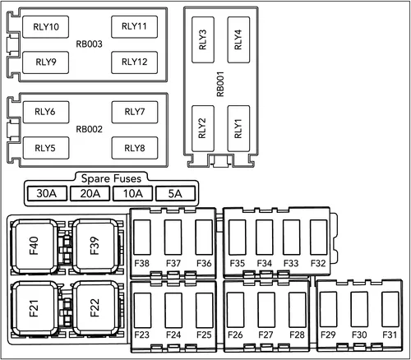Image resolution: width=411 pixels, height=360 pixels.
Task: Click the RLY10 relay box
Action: [45, 27]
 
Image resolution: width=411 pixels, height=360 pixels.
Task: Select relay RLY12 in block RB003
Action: [134, 62]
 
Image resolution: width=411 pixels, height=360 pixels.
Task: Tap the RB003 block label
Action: [89, 44]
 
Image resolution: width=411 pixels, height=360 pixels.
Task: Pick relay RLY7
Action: [135, 112]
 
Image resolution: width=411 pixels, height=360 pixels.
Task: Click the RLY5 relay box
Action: [46, 148]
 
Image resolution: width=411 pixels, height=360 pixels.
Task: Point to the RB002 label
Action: [89, 129]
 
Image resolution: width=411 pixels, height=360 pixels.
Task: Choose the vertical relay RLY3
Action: [203, 39]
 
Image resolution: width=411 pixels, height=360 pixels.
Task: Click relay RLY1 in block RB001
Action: [238, 128]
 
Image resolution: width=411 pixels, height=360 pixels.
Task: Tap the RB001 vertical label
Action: [220, 84]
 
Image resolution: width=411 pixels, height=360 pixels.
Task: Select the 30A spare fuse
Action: [47, 193]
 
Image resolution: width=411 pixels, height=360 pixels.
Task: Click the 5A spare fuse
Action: [175, 193]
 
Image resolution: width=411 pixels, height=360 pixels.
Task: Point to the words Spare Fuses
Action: [111, 178]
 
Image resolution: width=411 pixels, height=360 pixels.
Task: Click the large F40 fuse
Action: [34, 246]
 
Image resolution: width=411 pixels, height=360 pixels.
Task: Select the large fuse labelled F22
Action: [95, 307]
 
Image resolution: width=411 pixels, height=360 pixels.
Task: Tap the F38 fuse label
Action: [141, 263]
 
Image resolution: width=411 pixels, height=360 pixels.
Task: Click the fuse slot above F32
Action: [318, 237]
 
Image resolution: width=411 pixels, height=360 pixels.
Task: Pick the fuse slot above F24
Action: [173, 310]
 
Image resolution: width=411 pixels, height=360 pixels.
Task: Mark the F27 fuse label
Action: [266, 335]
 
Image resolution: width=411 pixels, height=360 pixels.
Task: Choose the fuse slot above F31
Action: [390, 309]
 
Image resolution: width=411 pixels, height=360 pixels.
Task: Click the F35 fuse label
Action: [237, 263]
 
